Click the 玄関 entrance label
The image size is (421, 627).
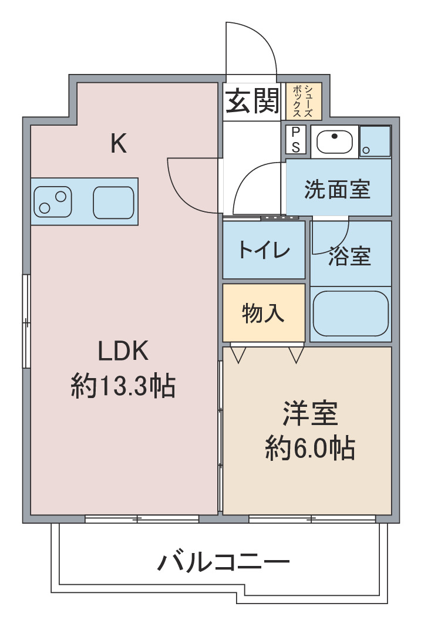click(x=252, y=101)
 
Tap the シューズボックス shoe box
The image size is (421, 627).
click(x=304, y=101)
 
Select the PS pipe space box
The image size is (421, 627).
click(x=296, y=140)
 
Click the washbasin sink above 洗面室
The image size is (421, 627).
click(x=335, y=141)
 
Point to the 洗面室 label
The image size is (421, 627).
click(x=338, y=189)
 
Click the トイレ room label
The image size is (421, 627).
click(x=264, y=250)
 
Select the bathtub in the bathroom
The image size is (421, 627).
click(x=351, y=313)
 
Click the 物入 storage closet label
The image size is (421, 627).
click(x=263, y=313)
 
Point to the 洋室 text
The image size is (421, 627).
click(x=310, y=413)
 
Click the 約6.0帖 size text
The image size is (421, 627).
click(x=310, y=448)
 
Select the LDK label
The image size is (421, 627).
click(x=123, y=350)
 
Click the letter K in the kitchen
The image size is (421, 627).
click(x=119, y=144)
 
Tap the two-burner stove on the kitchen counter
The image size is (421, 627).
click(x=53, y=202)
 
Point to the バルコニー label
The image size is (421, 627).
click(x=223, y=562)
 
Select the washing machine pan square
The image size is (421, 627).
click(x=375, y=141)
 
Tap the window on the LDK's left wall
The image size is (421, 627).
click(x=26, y=321)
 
